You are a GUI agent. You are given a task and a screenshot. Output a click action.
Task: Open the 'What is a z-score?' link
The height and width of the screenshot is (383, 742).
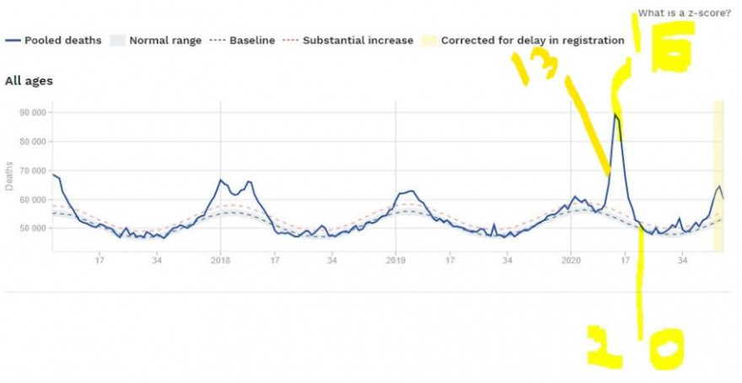point(684,13)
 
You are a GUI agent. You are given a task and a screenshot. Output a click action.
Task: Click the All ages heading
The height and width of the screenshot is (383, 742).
point(30,81)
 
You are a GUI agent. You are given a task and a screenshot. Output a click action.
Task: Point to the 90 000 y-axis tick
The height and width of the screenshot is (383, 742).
point(33,112)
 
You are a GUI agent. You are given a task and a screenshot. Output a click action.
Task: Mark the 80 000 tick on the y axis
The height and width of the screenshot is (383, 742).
point(33,142)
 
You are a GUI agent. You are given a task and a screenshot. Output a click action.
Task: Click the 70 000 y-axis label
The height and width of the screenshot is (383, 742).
point(33,170)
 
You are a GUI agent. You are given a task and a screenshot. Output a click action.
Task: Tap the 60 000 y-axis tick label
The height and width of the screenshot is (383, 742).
point(33,199)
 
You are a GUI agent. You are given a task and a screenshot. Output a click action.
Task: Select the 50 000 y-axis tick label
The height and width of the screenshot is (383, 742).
point(33,228)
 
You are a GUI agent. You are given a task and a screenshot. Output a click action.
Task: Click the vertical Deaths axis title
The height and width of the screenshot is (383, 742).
point(9,175)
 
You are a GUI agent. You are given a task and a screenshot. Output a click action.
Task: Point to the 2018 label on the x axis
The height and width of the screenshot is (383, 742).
point(221,261)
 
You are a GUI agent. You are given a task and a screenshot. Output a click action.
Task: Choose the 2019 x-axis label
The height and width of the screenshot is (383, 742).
point(395,261)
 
